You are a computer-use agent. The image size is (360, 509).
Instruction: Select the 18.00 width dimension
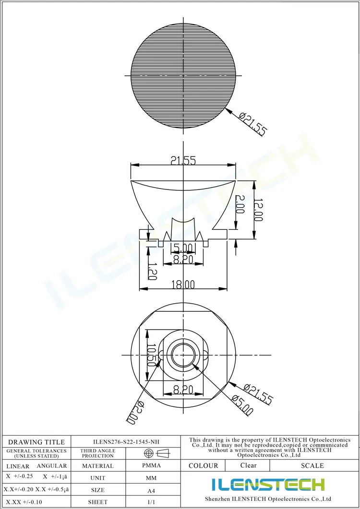click(183, 284)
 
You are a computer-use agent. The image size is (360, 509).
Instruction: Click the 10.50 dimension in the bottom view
click(152, 355)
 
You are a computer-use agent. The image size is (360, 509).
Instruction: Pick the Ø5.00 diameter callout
click(242, 404)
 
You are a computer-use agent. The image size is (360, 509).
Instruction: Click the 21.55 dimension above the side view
click(183, 161)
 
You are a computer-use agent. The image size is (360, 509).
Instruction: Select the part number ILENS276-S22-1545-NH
click(126, 442)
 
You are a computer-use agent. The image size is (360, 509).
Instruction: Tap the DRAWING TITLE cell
click(36, 442)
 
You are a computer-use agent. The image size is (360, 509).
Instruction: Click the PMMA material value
click(151, 465)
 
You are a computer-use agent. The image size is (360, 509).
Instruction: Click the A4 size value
click(151, 490)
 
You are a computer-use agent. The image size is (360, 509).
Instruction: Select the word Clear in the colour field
click(248, 465)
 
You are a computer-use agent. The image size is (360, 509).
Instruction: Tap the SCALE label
click(312, 465)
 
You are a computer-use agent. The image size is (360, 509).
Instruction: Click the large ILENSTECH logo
click(268, 485)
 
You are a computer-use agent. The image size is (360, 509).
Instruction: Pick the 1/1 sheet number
click(151, 502)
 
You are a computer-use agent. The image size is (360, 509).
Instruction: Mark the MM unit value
click(151, 478)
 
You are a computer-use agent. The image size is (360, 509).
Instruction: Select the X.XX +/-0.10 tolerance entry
click(24, 502)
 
